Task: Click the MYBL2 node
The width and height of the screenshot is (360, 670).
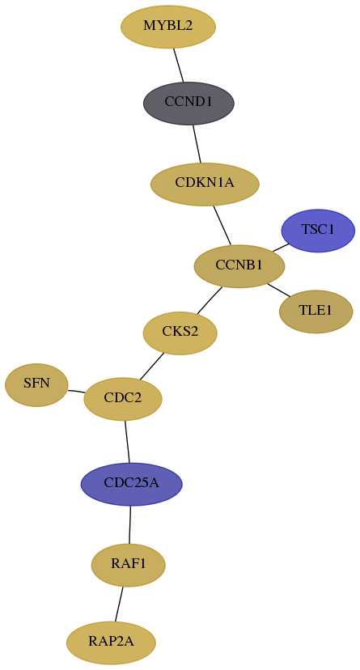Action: click(168, 27)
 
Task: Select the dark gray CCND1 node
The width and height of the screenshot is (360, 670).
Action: click(188, 103)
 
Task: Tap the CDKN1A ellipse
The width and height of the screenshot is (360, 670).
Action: click(205, 184)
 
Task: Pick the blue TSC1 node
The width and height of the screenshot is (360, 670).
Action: click(318, 231)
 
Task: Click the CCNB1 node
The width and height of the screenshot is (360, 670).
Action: click(239, 266)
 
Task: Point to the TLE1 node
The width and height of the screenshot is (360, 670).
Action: click(316, 311)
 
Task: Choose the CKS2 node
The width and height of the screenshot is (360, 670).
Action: click(180, 333)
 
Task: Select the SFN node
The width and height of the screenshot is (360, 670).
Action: click(36, 384)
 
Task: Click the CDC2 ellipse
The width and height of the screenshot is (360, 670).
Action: click(123, 399)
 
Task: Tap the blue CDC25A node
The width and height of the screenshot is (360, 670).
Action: click(132, 484)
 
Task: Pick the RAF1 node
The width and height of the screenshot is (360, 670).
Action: click(128, 565)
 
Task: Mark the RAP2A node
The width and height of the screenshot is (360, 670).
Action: click(111, 642)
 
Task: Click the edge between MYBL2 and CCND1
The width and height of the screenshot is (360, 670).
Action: click(178, 65)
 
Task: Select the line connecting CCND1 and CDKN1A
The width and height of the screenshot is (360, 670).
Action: click(197, 143)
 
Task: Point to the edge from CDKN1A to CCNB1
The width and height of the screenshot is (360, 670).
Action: click(222, 226)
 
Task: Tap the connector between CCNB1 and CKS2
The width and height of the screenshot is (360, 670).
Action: click(210, 300)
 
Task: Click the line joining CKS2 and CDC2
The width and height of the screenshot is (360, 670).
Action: click(151, 367)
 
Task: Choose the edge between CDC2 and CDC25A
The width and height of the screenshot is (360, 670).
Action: click(127, 441)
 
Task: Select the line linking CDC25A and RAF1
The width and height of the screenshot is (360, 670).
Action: click(129, 524)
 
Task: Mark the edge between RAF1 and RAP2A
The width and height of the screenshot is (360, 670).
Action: click(119, 604)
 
